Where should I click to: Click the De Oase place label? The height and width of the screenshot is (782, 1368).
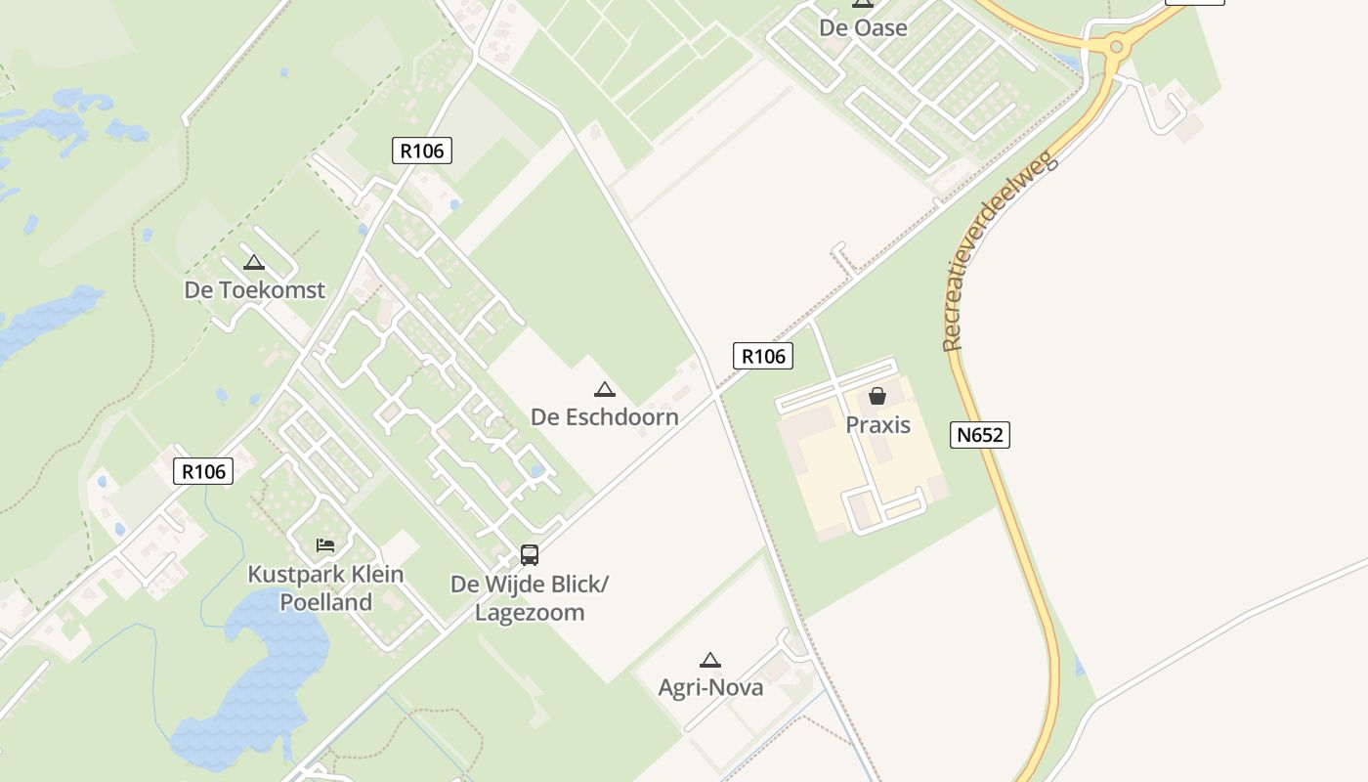[863, 27]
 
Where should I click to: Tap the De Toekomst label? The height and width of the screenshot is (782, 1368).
[254, 290]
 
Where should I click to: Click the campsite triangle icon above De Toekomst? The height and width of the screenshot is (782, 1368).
[254, 262]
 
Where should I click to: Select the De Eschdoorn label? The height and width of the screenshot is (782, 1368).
[604, 416]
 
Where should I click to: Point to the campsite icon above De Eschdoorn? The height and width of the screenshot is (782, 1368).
[605, 389]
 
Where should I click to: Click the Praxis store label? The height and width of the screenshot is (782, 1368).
[877, 425]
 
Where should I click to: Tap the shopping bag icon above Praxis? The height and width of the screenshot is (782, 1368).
[877, 396]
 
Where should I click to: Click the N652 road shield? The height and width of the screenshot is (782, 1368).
[979, 435]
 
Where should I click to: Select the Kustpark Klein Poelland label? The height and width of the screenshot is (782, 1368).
[325, 587]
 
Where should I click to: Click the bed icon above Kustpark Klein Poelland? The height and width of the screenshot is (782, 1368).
[325, 544]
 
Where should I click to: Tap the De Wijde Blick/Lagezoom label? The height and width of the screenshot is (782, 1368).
[530, 598]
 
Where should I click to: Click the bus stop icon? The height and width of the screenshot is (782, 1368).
[530, 555]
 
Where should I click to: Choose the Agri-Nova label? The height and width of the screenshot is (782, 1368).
[710, 687]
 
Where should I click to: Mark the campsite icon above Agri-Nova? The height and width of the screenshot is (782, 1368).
[710, 660]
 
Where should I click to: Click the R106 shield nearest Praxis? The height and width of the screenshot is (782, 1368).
[763, 356]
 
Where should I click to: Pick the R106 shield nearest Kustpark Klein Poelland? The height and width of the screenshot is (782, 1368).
[203, 471]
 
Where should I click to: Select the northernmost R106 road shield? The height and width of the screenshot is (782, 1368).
[422, 151]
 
